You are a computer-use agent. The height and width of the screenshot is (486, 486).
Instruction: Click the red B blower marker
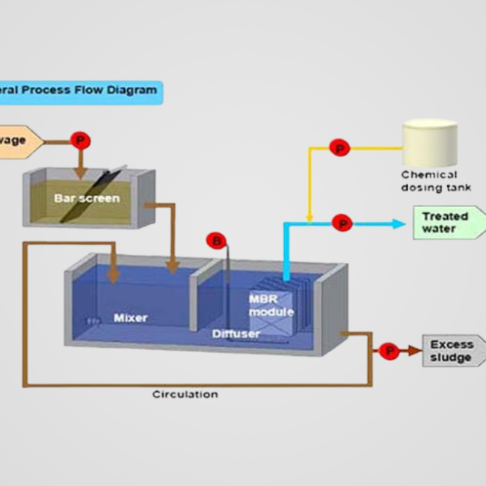pos(216,241)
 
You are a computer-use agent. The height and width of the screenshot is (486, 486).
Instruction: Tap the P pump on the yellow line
pos(339,148)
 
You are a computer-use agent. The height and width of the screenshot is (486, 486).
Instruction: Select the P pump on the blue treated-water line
pos(342,223)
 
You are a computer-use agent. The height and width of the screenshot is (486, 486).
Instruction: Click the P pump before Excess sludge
pos(388,350)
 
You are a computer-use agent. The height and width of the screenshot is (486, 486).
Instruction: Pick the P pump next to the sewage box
pos(79,140)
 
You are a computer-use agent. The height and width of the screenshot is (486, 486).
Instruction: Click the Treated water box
pos(446,223)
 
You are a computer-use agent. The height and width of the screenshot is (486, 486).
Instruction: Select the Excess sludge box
pos(451,351)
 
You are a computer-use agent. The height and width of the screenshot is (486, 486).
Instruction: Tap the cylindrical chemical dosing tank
pos(429,144)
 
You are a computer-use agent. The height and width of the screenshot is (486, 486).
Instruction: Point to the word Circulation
pos(185,394)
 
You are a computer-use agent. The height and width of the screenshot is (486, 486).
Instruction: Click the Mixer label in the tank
pos(130,318)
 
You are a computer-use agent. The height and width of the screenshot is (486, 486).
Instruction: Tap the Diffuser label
pos(236,333)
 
